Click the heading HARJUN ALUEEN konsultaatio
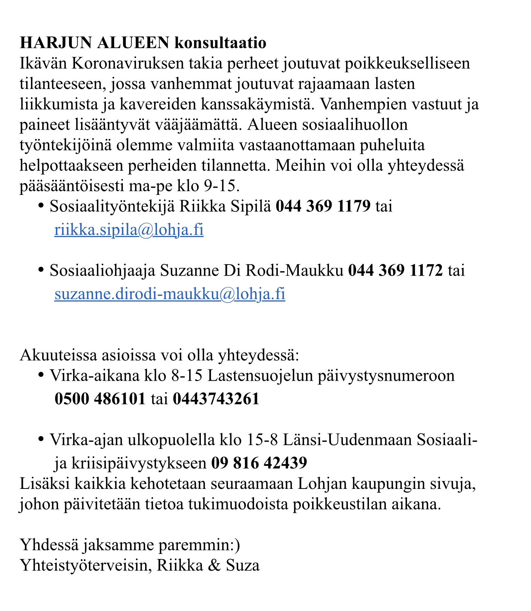(x=143, y=43)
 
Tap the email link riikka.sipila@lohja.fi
(x=129, y=230)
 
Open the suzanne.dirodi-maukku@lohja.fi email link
(x=170, y=294)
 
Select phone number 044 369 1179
(x=323, y=207)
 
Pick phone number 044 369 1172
(x=395, y=271)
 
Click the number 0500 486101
(x=100, y=398)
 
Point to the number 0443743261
(x=216, y=398)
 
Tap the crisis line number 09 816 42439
(x=259, y=462)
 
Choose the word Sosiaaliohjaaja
(x=102, y=271)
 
